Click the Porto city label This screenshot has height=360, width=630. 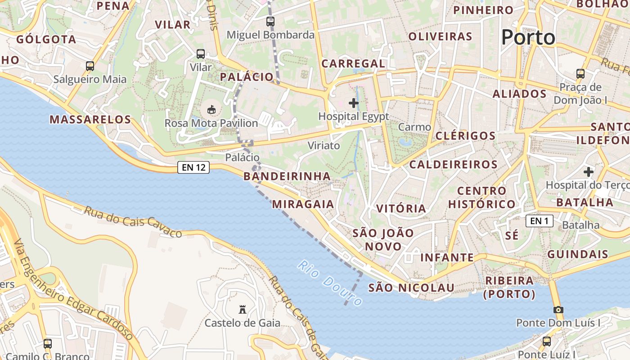[528, 37]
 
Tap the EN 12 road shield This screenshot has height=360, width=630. [193, 167]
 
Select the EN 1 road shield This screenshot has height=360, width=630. [540, 220]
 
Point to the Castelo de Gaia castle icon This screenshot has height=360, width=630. [243, 310]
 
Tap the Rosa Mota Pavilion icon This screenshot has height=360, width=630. [211, 109]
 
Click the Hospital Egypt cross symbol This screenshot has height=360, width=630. [354, 103]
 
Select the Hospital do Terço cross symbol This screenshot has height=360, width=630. [589, 172]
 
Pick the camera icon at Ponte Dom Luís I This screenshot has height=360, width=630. [558, 310]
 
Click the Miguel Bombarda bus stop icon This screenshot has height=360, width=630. [270, 21]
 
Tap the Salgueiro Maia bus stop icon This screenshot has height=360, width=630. [90, 66]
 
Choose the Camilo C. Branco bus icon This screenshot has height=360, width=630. [48, 344]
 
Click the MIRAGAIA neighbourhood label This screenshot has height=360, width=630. [303, 204]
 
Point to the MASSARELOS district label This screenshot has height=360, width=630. [90, 120]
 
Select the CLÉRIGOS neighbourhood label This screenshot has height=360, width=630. [465, 136]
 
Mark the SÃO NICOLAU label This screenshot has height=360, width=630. [411, 288]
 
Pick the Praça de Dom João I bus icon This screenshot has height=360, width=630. [580, 74]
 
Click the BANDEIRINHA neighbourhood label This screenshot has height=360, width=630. [287, 176]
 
